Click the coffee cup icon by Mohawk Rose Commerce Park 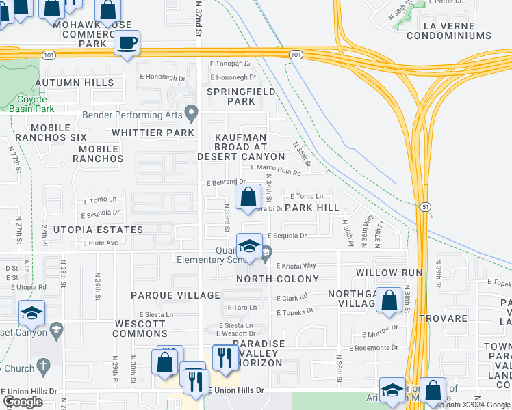click(127, 44)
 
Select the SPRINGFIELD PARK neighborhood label click(241, 96)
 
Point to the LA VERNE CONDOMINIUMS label click(448, 30)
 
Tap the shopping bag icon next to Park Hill click(248, 197)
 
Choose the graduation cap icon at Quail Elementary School click(250, 246)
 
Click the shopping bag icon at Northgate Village click(389, 300)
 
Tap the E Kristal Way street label click(296, 266)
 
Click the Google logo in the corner click(23, 402)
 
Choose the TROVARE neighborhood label click(444, 318)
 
